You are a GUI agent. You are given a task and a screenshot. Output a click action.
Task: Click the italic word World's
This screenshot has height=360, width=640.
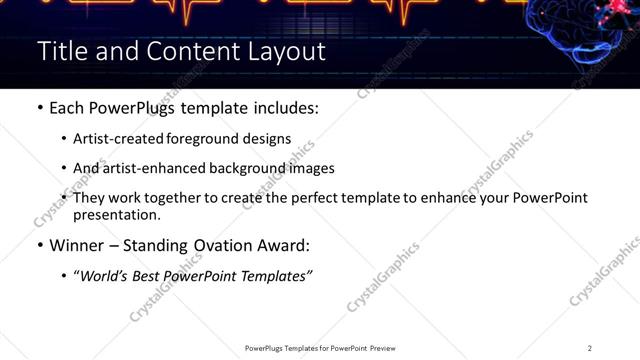105,275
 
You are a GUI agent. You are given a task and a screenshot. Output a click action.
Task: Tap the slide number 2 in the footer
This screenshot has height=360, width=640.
590,348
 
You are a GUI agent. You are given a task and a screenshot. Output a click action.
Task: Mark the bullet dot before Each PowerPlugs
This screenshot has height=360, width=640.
39,106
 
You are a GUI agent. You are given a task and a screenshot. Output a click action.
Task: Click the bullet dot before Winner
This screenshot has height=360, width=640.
39,244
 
